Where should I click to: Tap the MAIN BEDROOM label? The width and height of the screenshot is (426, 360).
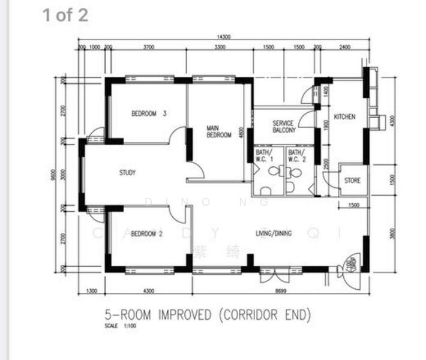pos(218,131)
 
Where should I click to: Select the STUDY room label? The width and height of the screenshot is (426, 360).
pos(127,173)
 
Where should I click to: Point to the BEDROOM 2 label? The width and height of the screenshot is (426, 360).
pos(147,233)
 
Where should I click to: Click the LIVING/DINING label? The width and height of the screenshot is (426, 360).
pos(274,233)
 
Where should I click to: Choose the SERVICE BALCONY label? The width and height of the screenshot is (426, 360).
pos(284,127)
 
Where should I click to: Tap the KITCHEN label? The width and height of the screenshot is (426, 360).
pos(344,116)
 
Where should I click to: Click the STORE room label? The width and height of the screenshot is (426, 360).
pos(352,180)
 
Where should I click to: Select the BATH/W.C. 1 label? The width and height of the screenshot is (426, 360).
pos(265,156)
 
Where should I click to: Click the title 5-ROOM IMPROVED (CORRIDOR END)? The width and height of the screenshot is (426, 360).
pos(208,314)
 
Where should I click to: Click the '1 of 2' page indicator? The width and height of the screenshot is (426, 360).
pos(65,15)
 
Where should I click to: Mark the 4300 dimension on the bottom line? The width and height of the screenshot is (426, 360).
pos(148,291)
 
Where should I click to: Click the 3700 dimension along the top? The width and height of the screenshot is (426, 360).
pos(149,47)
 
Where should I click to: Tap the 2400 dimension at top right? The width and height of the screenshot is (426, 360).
pos(344,47)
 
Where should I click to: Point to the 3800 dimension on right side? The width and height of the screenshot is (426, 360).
pos(392,233)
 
